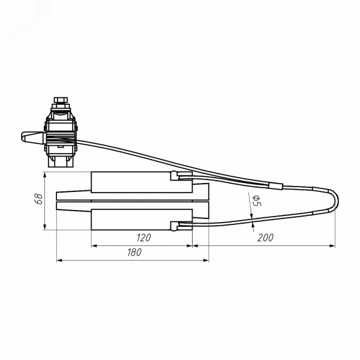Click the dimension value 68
(39, 199)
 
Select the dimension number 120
(143, 238)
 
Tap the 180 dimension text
(134, 253)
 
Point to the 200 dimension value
(265, 238)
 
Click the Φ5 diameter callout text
(256, 200)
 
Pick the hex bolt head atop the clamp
(61, 100)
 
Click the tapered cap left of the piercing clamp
(32, 137)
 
